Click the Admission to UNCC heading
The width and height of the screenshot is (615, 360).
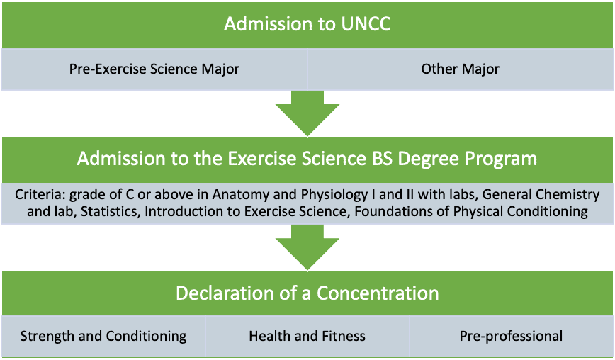tap(307, 24)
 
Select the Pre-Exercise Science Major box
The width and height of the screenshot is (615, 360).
tap(154, 69)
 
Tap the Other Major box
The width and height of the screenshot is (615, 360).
tap(461, 69)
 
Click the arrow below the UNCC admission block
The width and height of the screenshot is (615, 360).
tap(307, 113)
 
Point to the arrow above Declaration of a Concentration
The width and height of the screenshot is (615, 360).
tap(307, 248)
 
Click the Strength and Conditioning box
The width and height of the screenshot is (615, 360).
tap(103, 337)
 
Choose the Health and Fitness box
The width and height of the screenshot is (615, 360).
tap(307, 337)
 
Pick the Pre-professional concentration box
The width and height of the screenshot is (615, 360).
tap(512, 337)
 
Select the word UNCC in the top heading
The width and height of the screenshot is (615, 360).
tap(366, 24)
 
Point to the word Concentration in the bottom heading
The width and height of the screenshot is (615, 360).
tap(378, 293)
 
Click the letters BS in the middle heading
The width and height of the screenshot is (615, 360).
tap(381, 159)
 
